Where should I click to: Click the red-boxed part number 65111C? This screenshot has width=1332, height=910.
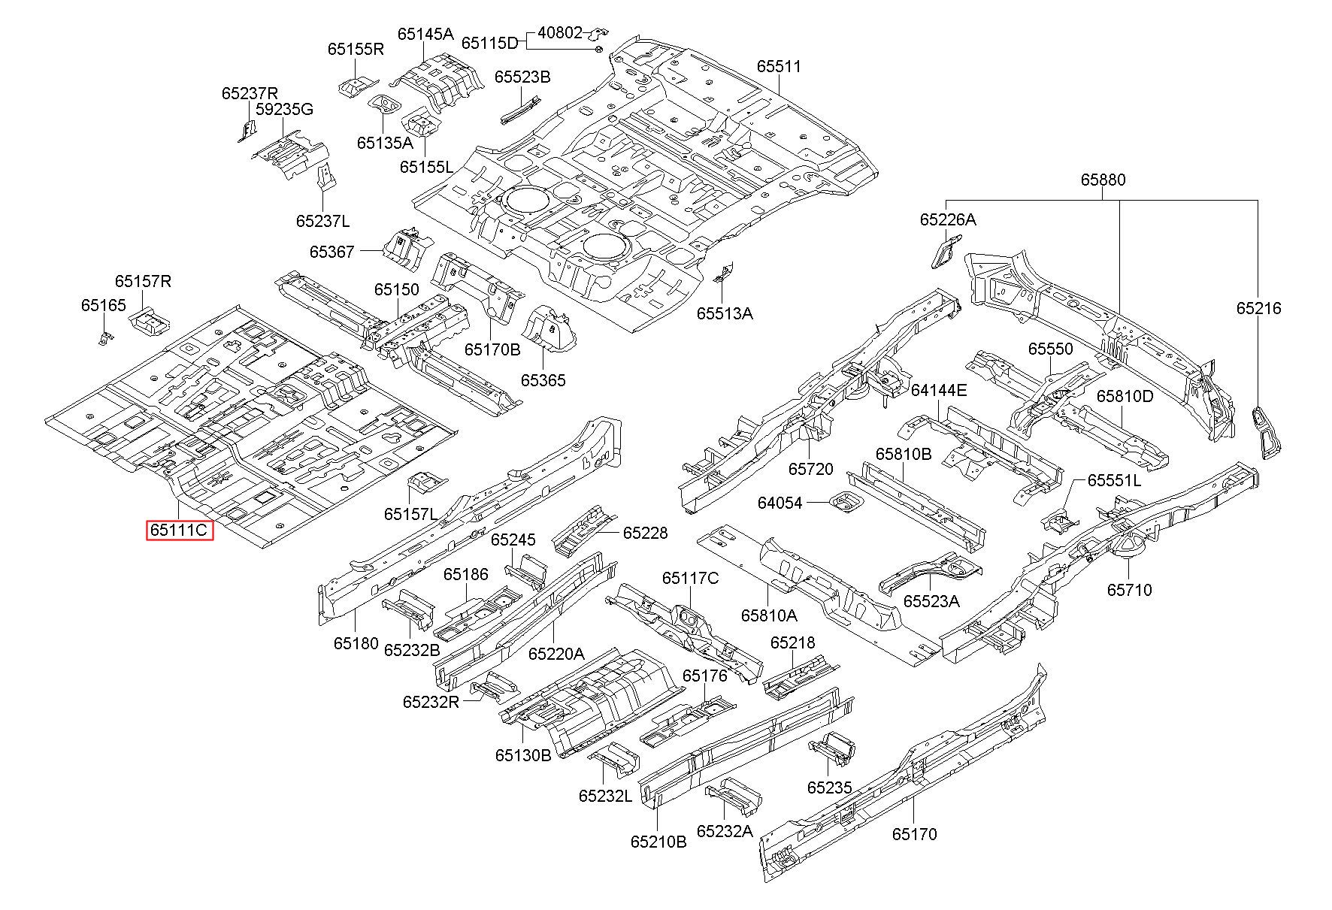180,531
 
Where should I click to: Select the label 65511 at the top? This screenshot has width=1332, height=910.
779,66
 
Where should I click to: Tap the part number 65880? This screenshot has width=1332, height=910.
1103,180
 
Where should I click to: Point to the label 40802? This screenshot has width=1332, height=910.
560,33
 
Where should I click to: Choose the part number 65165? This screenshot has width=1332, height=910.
104,305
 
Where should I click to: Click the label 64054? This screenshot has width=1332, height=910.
780,503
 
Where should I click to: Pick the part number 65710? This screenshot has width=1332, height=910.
1129,590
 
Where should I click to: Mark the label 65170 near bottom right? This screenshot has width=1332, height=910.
915,834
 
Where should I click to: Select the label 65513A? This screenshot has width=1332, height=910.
725,313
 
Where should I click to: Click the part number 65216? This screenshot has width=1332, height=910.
1259,308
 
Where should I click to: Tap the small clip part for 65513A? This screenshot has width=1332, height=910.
724,272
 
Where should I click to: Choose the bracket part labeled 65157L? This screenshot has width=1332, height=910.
428,483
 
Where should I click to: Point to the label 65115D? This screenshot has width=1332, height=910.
490,43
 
